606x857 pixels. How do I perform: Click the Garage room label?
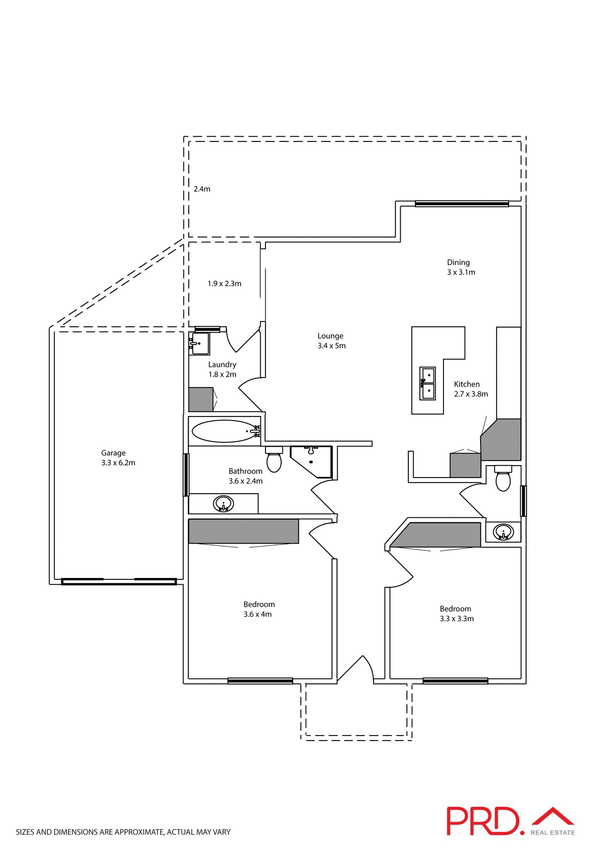point(118,458)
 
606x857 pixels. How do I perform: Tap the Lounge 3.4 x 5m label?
point(331,341)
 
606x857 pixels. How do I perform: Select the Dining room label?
point(461,267)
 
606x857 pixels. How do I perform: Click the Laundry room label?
point(222,369)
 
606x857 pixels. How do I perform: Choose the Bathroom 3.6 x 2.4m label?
point(245,476)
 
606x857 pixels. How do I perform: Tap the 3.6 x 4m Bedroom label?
point(259,609)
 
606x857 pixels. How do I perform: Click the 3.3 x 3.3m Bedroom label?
point(456,613)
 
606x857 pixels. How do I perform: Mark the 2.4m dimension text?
point(202,189)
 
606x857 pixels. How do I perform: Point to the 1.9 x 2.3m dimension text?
point(224,283)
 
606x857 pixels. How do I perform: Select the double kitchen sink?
point(428,383)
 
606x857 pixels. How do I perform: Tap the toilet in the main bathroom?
point(274,459)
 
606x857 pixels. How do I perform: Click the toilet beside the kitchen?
point(503,478)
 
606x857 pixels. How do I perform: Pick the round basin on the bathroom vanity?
point(224,504)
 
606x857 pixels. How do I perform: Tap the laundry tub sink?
point(199,343)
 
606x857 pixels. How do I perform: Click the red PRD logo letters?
point(484,821)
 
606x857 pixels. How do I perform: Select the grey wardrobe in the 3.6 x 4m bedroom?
point(243,531)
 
